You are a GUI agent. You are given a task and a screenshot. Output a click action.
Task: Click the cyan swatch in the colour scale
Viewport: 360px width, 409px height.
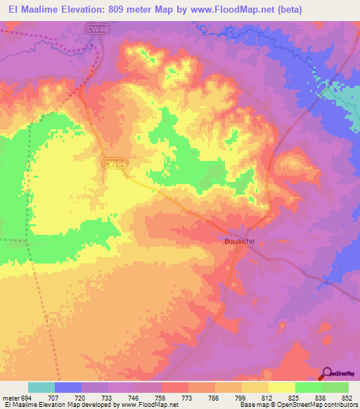tap(41, 388)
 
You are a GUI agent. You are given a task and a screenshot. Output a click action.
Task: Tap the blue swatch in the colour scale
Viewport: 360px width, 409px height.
tap(68, 388)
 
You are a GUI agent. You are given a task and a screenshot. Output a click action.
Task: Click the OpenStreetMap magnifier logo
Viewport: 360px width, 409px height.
tap(327, 373)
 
